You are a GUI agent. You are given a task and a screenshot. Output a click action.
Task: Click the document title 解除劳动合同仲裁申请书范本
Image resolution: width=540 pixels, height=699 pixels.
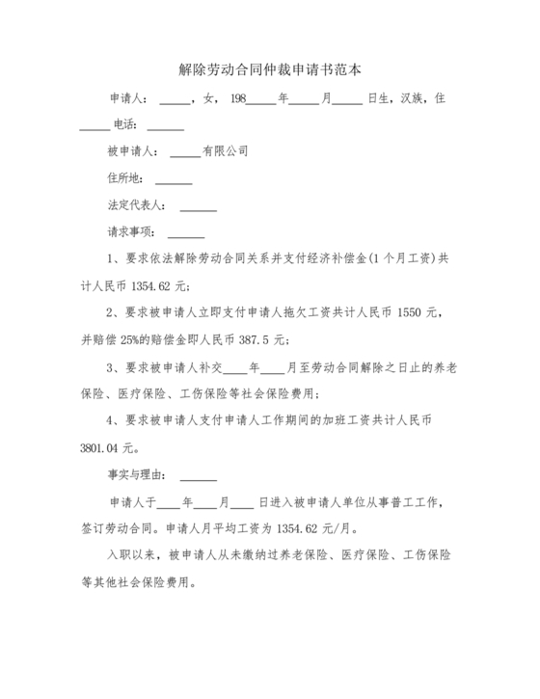(270, 69)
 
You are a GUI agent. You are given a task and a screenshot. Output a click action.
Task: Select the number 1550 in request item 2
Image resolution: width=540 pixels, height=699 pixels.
(409, 312)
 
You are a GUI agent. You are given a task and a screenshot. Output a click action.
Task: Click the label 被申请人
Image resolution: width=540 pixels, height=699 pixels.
(132, 151)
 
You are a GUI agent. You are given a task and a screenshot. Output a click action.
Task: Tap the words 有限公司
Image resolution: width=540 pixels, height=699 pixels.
(225, 151)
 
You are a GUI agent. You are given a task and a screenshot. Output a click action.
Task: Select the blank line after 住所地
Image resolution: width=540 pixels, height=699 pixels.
(174, 179)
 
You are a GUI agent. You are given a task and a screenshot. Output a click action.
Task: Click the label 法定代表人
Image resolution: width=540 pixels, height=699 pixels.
(137, 205)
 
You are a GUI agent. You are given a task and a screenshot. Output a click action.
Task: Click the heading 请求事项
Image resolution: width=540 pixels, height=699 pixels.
(131, 232)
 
